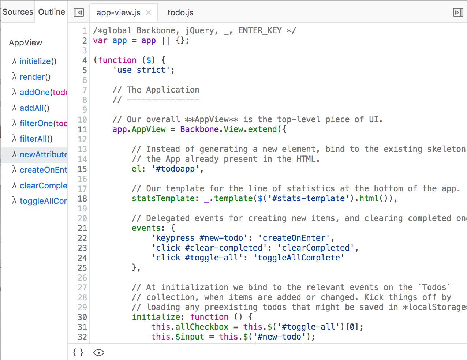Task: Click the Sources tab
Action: pos(18,12)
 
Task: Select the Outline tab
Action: pos(52,12)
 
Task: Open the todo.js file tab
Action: pos(180,13)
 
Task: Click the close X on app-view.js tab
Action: pos(149,12)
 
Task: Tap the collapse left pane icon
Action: pos(79,12)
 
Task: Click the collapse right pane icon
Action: pos(458,12)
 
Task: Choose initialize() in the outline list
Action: pos(38,61)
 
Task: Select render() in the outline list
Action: pos(35,77)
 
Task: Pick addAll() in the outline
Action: pos(34,108)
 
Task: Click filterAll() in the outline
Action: pos(36,139)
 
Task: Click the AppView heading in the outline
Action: pos(26,43)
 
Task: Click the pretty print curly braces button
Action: pos(78,352)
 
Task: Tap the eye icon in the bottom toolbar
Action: pos(99,352)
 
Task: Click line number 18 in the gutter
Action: pos(82,199)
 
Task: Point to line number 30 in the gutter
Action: pos(82,317)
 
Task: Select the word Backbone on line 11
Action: pos(199,129)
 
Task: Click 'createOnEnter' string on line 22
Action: pos(294,238)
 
